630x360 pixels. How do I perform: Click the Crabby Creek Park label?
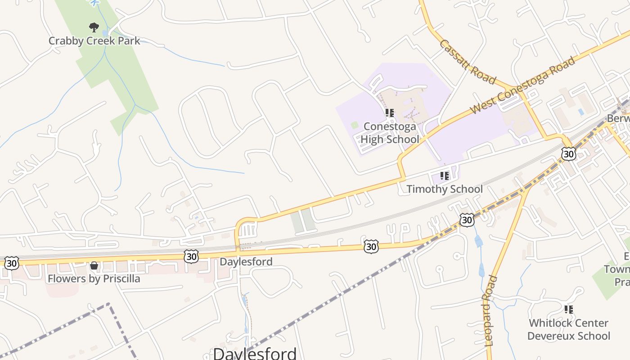tap(94, 41)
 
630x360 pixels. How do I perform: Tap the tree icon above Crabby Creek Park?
tap(94, 28)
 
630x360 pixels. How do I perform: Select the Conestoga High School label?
tap(390, 133)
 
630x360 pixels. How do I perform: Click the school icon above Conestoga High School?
tap(390, 113)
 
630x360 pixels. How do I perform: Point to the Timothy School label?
tap(445, 189)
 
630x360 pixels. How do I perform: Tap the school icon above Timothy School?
tap(445, 176)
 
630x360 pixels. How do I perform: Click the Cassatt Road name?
tap(468, 62)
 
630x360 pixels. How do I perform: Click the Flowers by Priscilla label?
tap(94, 279)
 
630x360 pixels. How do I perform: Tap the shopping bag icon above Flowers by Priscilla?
tap(94, 265)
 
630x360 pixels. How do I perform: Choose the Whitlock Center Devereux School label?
tap(569, 329)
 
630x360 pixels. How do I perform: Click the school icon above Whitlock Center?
tap(569, 310)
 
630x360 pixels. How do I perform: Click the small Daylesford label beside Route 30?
tap(246, 261)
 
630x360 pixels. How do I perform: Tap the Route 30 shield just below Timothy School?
tap(467, 220)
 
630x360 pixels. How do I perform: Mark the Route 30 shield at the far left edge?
tap(11, 263)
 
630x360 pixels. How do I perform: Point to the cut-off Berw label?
tap(618, 118)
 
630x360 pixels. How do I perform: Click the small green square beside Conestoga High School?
tap(355, 125)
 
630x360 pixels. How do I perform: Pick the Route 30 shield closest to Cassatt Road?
tap(569, 154)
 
